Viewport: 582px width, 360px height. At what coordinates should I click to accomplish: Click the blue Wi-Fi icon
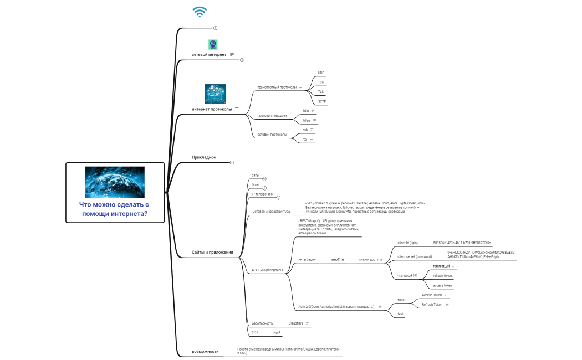tap(200, 12)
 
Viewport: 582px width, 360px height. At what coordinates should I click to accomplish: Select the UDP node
tap(321, 73)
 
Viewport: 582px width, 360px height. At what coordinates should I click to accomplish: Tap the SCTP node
tap(321, 101)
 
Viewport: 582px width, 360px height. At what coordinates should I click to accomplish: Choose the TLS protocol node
tap(321, 91)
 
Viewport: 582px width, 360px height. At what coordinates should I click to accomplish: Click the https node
tap(307, 120)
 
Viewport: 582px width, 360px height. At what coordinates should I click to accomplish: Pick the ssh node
tap(305, 130)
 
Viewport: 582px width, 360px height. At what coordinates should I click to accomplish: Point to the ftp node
tap(304, 139)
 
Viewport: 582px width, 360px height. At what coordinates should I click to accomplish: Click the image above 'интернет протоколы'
tap(215, 94)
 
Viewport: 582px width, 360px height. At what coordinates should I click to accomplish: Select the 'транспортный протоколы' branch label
tap(277, 87)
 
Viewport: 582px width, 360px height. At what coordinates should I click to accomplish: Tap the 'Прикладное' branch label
tap(203, 157)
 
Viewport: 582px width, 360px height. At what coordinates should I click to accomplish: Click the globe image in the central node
tap(115, 182)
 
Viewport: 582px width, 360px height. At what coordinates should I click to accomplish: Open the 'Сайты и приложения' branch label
tap(212, 252)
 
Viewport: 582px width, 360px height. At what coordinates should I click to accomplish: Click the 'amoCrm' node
tap(337, 259)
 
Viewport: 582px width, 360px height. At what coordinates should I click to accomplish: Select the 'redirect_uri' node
tap(441, 266)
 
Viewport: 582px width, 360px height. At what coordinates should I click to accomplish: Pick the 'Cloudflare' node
tap(295, 323)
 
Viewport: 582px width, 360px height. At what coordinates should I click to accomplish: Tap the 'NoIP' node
tap(277, 333)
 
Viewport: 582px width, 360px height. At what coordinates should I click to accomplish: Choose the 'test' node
tap(400, 314)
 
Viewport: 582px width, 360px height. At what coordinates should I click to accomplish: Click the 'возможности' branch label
tap(205, 351)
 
